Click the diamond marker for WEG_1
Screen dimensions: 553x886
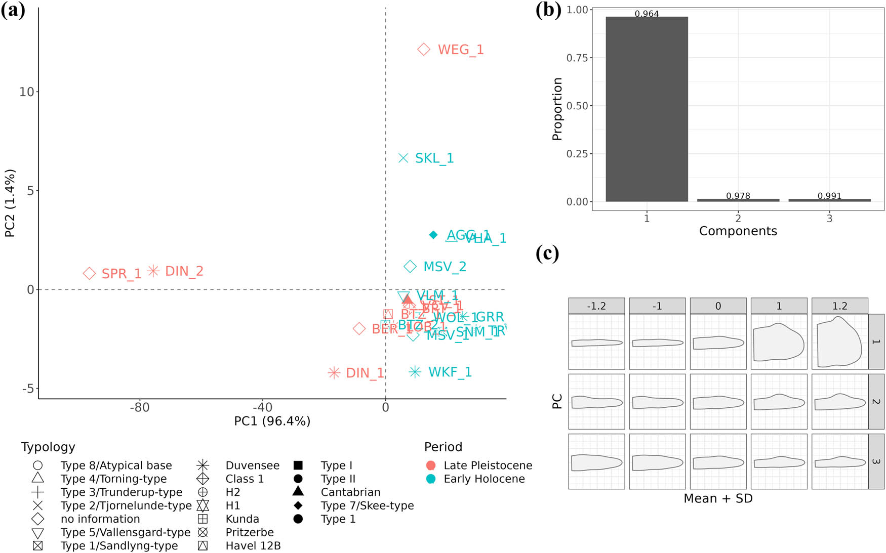424,49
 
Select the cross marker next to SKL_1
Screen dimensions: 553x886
403,158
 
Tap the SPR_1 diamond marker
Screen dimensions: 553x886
90,273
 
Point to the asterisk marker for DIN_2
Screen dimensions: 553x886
153,271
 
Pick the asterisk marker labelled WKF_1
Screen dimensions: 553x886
415,372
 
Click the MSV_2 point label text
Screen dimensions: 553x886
445,267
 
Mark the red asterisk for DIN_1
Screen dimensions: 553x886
334,373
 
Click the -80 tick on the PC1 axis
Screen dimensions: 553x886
140,407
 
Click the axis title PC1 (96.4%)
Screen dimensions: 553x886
272,421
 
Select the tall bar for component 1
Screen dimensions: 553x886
647,109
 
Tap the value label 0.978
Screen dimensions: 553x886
738,196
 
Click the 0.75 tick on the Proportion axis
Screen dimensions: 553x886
577,58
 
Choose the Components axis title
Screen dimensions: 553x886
738,231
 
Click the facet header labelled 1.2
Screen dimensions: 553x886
839,306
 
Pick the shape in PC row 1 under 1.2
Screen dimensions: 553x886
839,342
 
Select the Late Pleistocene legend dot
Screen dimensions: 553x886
431,465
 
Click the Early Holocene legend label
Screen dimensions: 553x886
484,479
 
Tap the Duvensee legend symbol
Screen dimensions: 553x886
203,465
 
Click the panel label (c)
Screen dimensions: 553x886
547,253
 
